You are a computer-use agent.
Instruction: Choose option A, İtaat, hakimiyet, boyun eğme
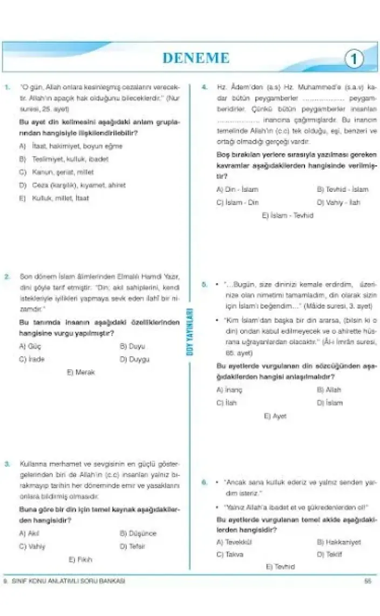pos(71,146)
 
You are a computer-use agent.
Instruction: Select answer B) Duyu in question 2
pos(132,346)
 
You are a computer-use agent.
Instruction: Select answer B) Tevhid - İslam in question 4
pos(342,190)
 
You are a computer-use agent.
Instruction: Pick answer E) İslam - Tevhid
pos(287,215)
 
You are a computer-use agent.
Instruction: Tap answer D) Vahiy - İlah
pos(338,203)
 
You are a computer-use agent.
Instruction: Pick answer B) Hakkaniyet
pos(339,541)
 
